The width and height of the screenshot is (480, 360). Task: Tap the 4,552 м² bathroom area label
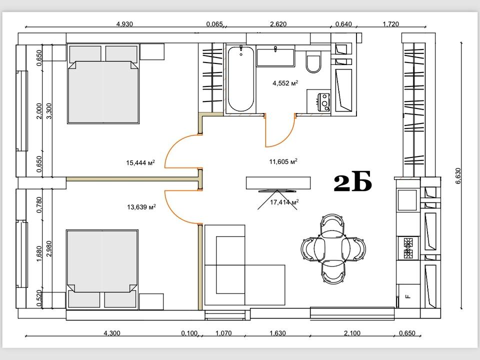point(285,83)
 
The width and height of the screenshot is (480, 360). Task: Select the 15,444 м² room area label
point(140,162)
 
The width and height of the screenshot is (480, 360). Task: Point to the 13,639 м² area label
point(141,207)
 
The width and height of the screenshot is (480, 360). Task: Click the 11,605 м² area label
point(283,161)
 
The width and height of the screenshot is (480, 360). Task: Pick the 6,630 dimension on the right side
point(458,175)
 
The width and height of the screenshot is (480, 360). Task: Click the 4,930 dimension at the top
point(124,24)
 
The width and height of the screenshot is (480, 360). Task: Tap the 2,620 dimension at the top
point(278,24)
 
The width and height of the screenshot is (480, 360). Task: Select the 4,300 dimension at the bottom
point(112,333)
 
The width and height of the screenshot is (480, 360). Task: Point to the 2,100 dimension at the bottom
point(352,333)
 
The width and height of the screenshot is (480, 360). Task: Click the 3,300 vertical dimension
point(49,111)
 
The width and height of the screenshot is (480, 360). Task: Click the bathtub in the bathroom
point(241,78)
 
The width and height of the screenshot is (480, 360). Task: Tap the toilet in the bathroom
point(314,62)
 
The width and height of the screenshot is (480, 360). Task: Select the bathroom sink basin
point(275,57)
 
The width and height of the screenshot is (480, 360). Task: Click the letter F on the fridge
point(407,296)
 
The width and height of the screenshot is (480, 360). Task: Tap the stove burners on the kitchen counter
point(407,247)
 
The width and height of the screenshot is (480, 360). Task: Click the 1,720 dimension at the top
point(391,24)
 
